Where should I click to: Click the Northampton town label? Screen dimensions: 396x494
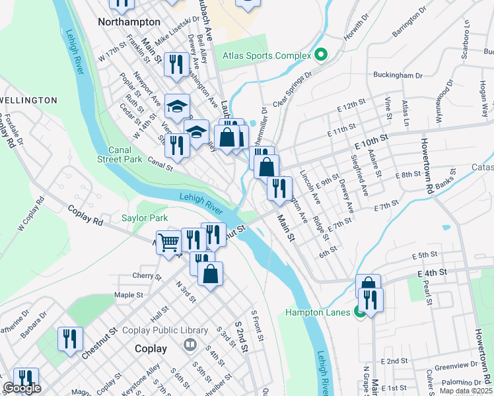coord(129,22)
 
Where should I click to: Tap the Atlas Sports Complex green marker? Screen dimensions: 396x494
coord(321,55)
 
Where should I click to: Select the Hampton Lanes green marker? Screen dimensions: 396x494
coord(361,312)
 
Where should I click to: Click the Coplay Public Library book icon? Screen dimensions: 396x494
coord(191,345)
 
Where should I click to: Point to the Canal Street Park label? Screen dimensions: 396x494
coord(120,154)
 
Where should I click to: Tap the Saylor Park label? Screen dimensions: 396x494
coord(145,218)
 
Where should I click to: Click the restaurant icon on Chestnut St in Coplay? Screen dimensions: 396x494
coord(70,339)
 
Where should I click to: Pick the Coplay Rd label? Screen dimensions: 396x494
coord(86,215)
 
